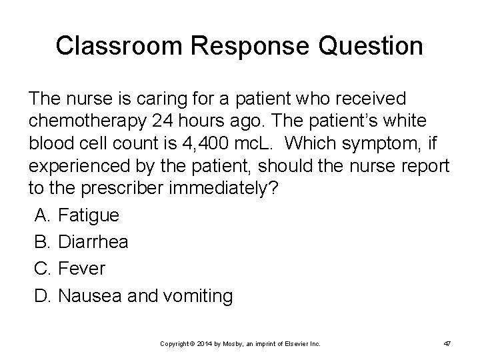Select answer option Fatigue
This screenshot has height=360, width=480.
coord(89,215)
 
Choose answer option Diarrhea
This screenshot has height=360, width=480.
coord(93,241)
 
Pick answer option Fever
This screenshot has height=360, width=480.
coord(81,269)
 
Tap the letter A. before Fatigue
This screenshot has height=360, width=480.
coord(41,215)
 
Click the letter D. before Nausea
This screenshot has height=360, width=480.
coord(42,295)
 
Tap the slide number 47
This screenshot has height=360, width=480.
coord(447,343)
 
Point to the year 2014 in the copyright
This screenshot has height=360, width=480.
coord(199,343)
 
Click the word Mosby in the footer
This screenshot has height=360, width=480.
coord(227,343)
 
